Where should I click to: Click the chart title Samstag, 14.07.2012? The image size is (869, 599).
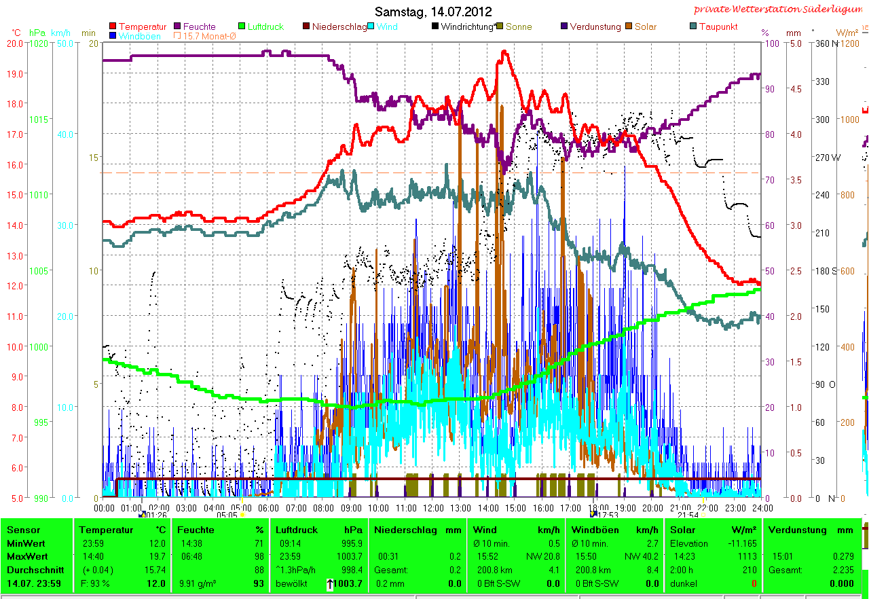pyautogui.click(x=433, y=12)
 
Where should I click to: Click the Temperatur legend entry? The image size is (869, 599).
pyautogui.click(x=142, y=26)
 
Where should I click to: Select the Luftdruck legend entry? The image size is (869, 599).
pyautogui.click(x=265, y=26)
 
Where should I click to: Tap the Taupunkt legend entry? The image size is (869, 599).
pyautogui.click(x=718, y=26)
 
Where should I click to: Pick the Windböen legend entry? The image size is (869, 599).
pyautogui.click(x=140, y=36)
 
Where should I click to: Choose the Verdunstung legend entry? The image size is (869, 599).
pyautogui.click(x=595, y=26)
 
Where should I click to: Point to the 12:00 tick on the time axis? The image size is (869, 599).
pyautogui.click(x=433, y=507)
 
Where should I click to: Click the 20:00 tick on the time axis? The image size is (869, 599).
pyautogui.click(x=652, y=507)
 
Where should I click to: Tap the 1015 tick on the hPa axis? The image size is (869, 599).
pyautogui.click(x=39, y=120)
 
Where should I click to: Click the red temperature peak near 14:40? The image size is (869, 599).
pyautogui.click(x=504, y=52)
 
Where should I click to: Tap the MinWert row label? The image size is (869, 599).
pyautogui.click(x=24, y=543)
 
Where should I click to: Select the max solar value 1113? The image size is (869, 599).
pyautogui.click(x=744, y=556)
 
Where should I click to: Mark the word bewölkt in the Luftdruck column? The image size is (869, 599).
pyautogui.click(x=291, y=583)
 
